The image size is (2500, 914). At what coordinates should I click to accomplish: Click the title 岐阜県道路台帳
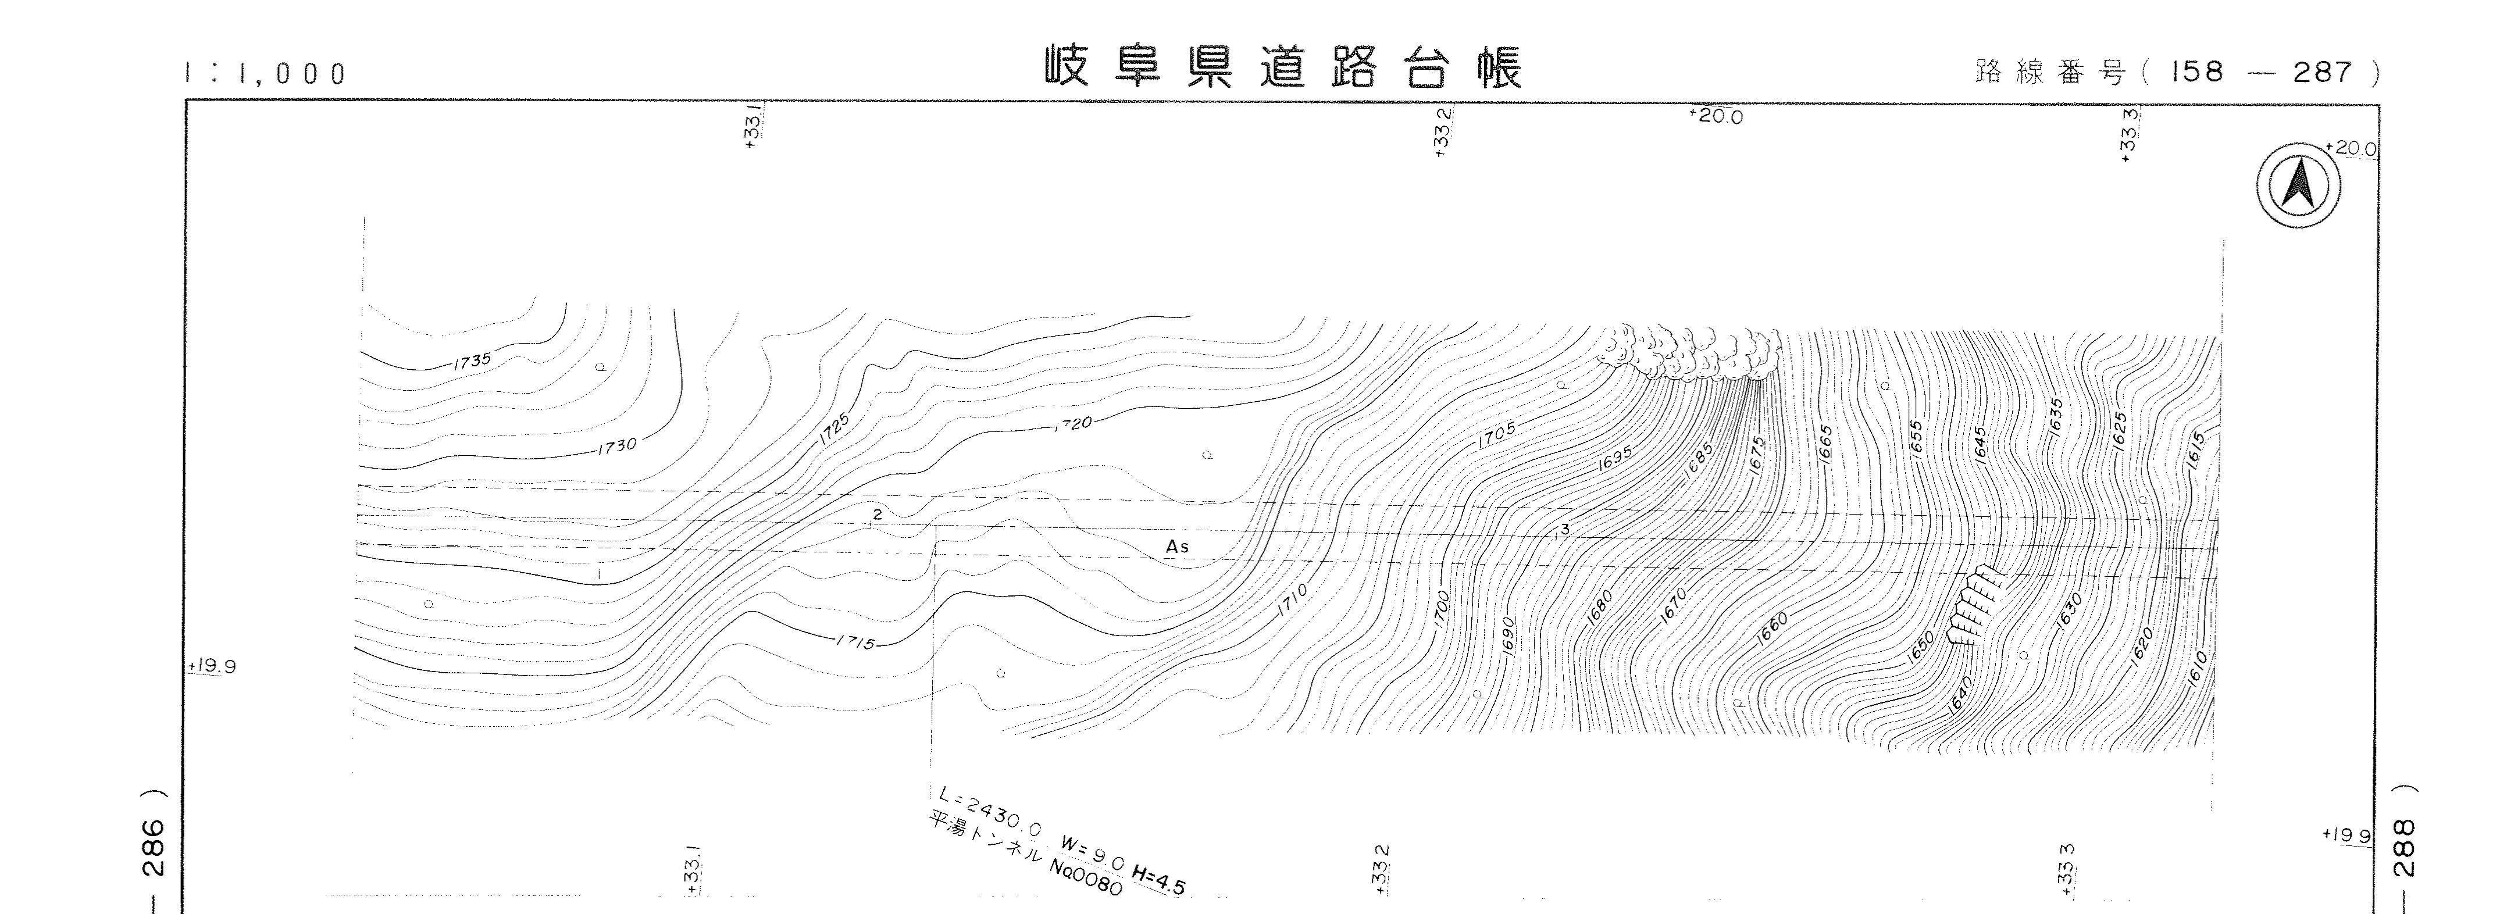[x=1283, y=69]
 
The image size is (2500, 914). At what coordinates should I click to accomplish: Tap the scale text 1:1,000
[x=265, y=74]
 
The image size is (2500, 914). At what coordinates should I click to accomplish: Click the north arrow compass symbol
[x=2297, y=185]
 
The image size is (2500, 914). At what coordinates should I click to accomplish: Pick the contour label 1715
[x=855, y=642]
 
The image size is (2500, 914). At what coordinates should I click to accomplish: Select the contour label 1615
[x=2196, y=451]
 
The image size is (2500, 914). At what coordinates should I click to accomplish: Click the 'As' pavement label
[x=1177, y=547]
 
